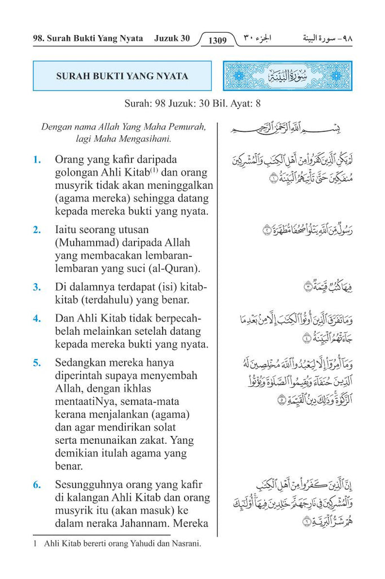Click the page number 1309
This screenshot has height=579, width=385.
click(x=217, y=41)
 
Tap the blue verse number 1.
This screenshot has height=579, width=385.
click(x=37, y=160)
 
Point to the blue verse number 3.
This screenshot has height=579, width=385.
click(x=37, y=287)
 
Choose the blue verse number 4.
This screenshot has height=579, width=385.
click(x=37, y=318)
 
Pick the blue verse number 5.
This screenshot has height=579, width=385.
click(x=37, y=362)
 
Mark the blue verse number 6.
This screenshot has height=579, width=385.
click(x=37, y=485)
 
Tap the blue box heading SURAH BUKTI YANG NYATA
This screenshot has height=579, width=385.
click(x=123, y=76)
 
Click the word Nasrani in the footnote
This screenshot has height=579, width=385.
click(x=186, y=544)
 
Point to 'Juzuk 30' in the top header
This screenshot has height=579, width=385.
click(x=172, y=40)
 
